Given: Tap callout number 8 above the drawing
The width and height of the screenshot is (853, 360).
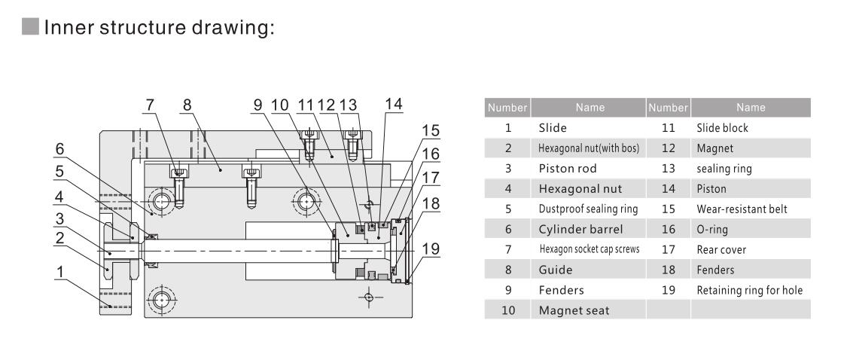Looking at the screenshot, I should pyautogui.click(x=187, y=105).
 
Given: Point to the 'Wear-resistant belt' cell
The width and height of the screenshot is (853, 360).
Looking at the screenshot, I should pyautogui.click(x=742, y=209).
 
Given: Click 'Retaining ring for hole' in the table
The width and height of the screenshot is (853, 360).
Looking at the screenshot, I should pyautogui.click(x=750, y=290).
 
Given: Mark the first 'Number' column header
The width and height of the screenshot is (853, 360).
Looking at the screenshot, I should pyautogui.click(x=510, y=108).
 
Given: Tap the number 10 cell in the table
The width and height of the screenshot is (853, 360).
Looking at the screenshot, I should pyautogui.click(x=510, y=310).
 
